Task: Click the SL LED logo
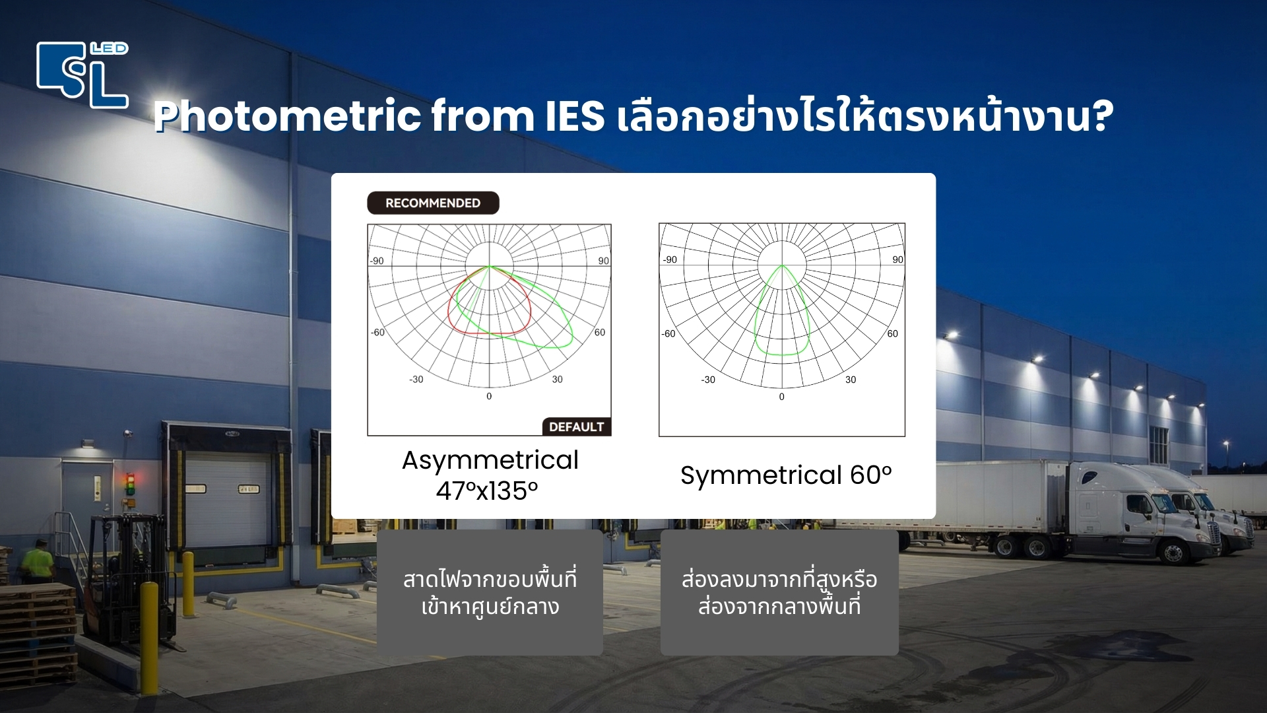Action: (82, 74)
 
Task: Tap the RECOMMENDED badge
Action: (433, 203)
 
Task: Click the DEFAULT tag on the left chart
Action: (576, 427)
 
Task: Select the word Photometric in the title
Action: (288, 116)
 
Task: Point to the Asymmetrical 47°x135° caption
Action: (490, 475)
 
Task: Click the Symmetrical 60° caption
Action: (785, 475)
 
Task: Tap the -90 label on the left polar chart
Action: (377, 261)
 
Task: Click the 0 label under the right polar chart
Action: (781, 397)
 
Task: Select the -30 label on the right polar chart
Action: (708, 380)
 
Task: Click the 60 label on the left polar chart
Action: (599, 332)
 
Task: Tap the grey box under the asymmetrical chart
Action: (490, 592)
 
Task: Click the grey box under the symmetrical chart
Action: (779, 592)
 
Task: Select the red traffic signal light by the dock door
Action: (131, 477)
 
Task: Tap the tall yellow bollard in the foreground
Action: (149, 634)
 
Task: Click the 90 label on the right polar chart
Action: (897, 259)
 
